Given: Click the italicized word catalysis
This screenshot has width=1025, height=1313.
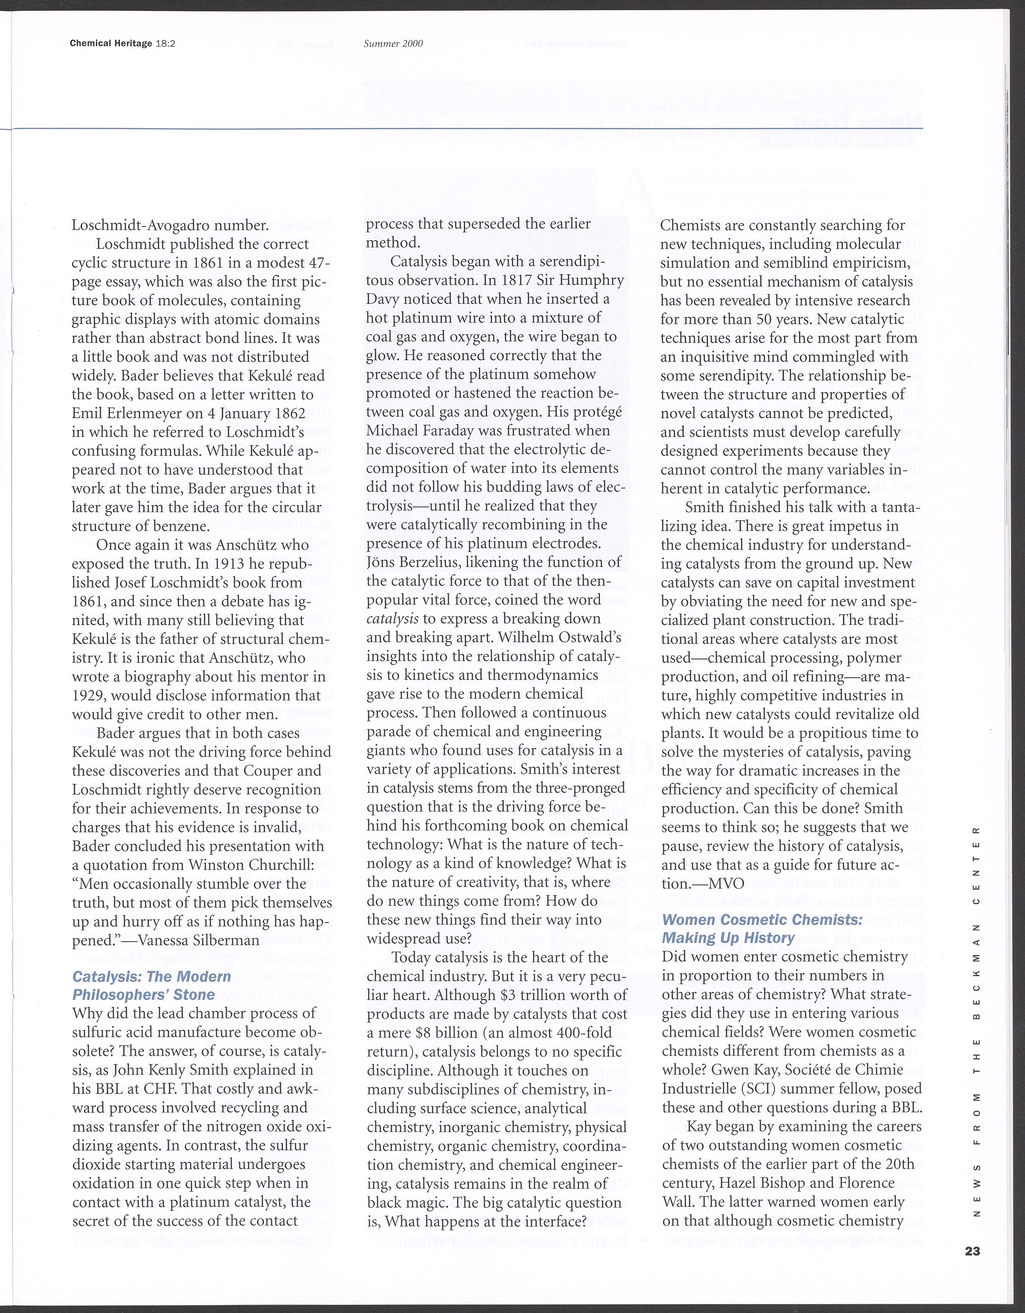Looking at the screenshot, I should coord(393,619).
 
